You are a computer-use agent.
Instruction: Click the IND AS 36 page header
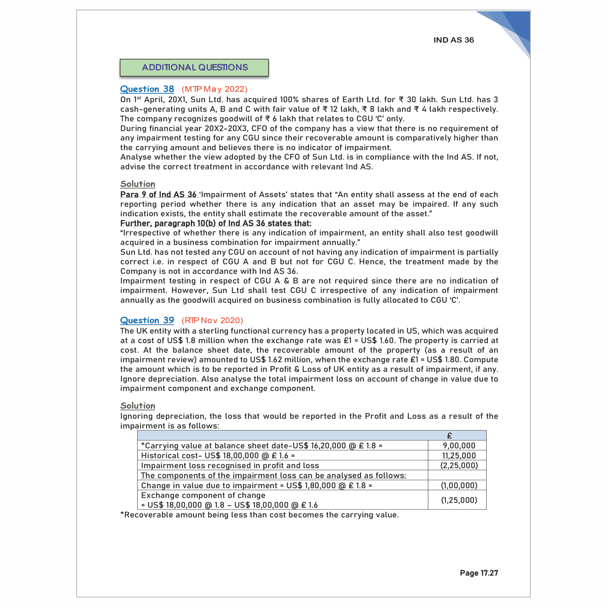pyautogui.click(x=453, y=40)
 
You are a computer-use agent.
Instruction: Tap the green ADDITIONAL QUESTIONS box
pyautogui.click(x=194, y=68)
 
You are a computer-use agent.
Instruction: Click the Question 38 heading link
pyautogui.click(x=147, y=89)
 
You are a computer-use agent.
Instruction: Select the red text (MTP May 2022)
pyautogui.click(x=214, y=89)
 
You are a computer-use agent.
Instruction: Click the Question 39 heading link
pyautogui.click(x=147, y=321)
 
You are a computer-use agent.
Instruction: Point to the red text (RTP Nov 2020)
pyautogui.click(x=212, y=321)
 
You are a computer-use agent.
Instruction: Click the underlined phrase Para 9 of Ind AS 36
pyautogui.click(x=158, y=195)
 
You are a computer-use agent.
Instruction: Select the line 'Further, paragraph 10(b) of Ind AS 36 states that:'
pyautogui.click(x=215, y=223)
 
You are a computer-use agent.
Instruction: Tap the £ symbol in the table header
pyautogui.click(x=450, y=436)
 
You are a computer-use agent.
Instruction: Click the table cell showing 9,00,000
pyautogui.click(x=459, y=446)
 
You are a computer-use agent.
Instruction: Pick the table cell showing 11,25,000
pyautogui.click(x=459, y=456)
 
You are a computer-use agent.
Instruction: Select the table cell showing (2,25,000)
pyautogui.click(x=459, y=465)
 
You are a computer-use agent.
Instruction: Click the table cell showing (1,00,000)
pyautogui.click(x=459, y=486)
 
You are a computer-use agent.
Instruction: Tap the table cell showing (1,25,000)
pyautogui.click(x=459, y=500)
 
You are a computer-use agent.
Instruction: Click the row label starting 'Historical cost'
pyautogui.click(x=218, y=456)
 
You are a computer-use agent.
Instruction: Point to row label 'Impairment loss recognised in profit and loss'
pyautogui.click(x=230, y=465)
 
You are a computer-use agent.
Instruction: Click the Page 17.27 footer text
pyautogui.click(x=479, y=573)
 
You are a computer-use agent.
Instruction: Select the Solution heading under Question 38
pyautogui.click(x=138, y=184)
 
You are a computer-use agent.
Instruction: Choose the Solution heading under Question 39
pyautogui.click(x=138, y=406)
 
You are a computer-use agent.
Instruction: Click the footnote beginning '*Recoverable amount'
pyautogui.click(x=259, y=515)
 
